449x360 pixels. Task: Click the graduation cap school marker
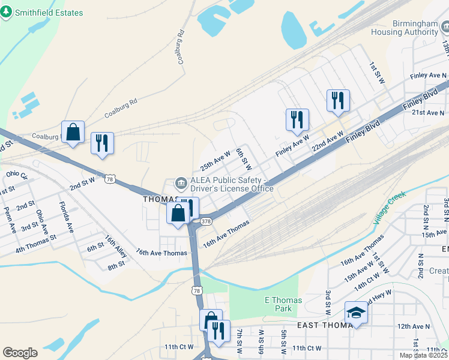click(356, 313)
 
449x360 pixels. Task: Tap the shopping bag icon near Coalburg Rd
click(73, 131)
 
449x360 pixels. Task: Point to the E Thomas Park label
click(283, 304)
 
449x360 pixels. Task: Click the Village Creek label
click(389, 206)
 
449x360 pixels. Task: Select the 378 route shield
click(206, 221)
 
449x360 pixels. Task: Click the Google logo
click(20, 353)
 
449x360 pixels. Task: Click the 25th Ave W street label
click(215, 161)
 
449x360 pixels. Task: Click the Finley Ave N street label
click(429, 76)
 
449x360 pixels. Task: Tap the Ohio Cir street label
click(16, 176)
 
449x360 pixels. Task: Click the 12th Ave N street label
click(412, 326)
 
